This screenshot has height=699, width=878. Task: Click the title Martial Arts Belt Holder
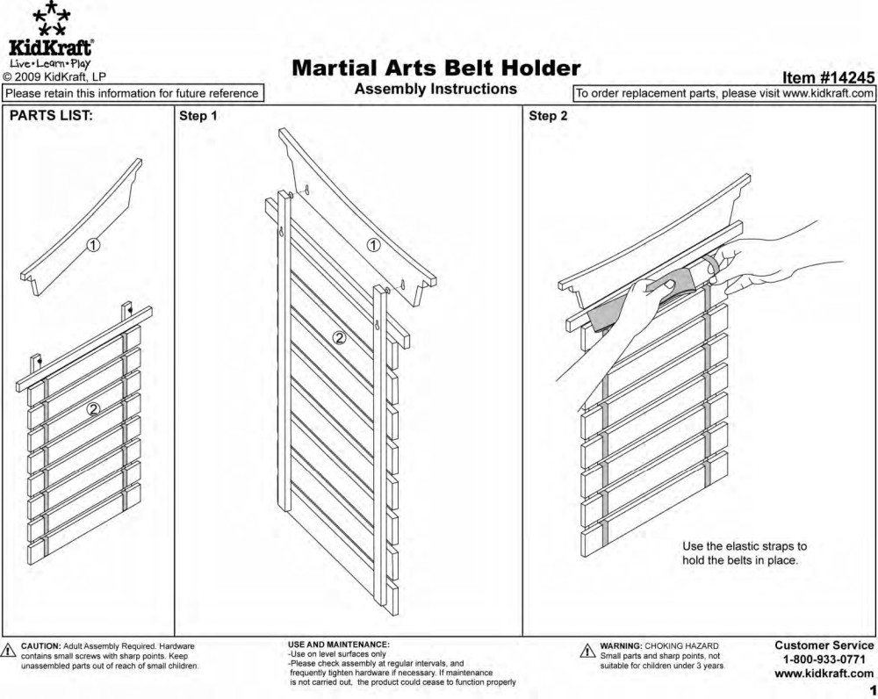pyautogui.click(x=435, y=68)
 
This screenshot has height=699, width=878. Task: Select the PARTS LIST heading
pyautogui.click(x=51, y=116)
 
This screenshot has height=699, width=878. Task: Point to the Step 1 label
pyautogui.click(x=198, y=116)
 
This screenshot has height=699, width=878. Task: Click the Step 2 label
pyautogui.click(x=548, y=116)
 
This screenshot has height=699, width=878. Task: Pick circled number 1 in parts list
pyautogui.click(x=92, y=245)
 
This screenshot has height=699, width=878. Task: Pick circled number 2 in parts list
pyautogui.click(x=94, y=408)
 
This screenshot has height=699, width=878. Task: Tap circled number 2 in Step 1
pyautogui.click(x=340, y=336)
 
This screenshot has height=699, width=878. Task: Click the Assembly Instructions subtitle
pyautogui.click(x=435, y=89)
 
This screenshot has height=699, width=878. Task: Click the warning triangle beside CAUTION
pyautogui.click(x=10, y=651)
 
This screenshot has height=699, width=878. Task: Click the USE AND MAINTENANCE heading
pyautogui.click(x=339, y=645)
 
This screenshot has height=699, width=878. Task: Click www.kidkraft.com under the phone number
pyautogui.click(x=824, y=674)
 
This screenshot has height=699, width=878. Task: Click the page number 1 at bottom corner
pyautogui.click(x=872, y=690)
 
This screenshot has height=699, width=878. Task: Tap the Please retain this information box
pyautogui.click(x=132, y=93)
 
